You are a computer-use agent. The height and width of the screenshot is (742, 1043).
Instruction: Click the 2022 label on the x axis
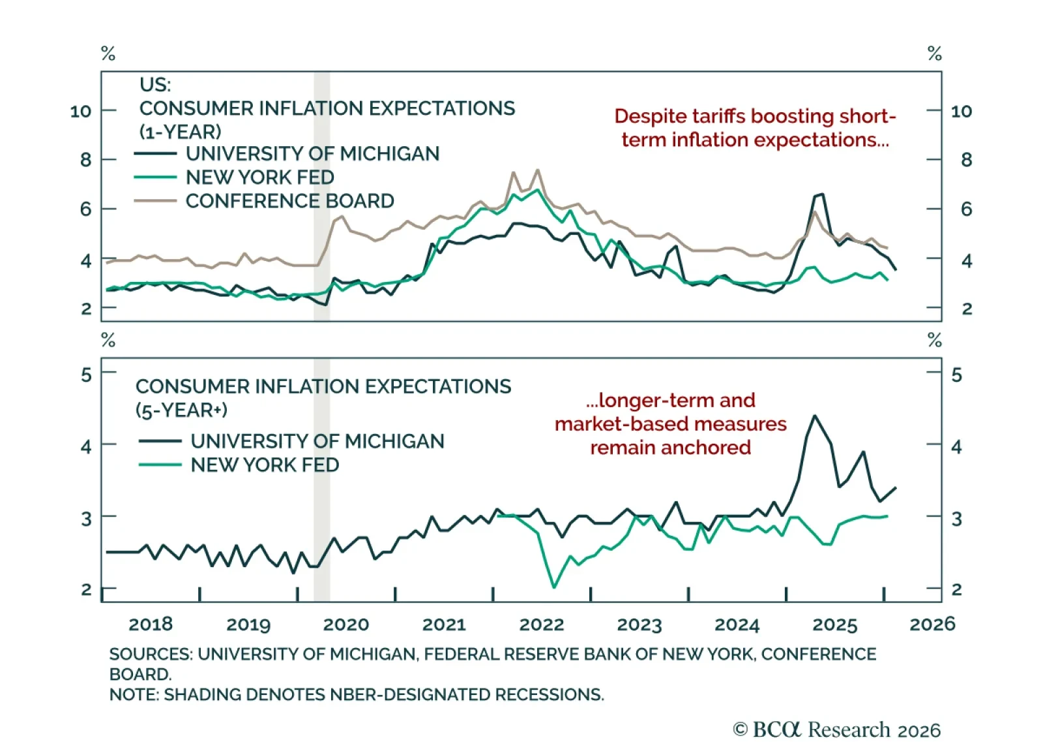pyautogui.click(x=541, y=625)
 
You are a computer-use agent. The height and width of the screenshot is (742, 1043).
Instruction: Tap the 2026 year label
pyautogui.click(x=932, y=625)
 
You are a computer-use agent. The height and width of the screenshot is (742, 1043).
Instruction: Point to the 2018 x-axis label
pyautogui.click(x=151, y=625)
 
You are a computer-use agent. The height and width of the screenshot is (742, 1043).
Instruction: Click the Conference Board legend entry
pyautogui.click(x=289, y=201)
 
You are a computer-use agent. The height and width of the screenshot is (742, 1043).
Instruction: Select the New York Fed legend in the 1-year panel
pyautogui.click(x=259, y=178)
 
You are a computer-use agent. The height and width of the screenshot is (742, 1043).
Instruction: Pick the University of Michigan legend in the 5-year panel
pyautogui.click(x=317, y=442)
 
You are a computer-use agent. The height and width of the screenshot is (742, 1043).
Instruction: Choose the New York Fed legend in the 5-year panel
pyautogui.click(x=265, y=465)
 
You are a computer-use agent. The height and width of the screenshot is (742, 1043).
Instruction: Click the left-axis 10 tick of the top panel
pyautogui.click(x=81, y=112)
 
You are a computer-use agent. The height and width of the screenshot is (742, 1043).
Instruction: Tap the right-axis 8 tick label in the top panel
pyautogui.click(x=966, y=161)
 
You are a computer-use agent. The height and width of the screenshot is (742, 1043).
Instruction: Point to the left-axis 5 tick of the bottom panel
pyautogui.click(x=86, y=375)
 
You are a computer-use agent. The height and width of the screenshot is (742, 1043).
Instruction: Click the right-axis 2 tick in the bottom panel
pyautogui.click(x=956, y=590)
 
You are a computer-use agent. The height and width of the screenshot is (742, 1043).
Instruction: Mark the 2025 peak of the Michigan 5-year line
pyautogui.click(x=815, y=416)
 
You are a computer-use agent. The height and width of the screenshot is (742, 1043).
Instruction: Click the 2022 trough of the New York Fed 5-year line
pyautogui.click(x=554, y=587)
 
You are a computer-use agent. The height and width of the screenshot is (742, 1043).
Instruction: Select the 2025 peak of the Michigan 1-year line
pyautogui.click(x=821, y=194)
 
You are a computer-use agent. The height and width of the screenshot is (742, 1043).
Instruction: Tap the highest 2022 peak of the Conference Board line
pyautogui.click(x=538, y=170)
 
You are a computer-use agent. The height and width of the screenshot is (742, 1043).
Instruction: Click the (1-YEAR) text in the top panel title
pyautogui.click(x=181, y=132)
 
